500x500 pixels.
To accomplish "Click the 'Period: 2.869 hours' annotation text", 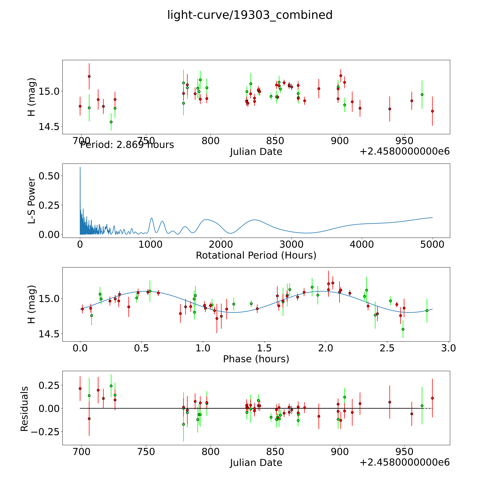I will (127, 145).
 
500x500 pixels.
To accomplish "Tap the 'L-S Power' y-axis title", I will (31, 201).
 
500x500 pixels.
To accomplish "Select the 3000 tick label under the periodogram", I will (291, 244).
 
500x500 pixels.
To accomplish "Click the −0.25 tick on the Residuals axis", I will (45, 431).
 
